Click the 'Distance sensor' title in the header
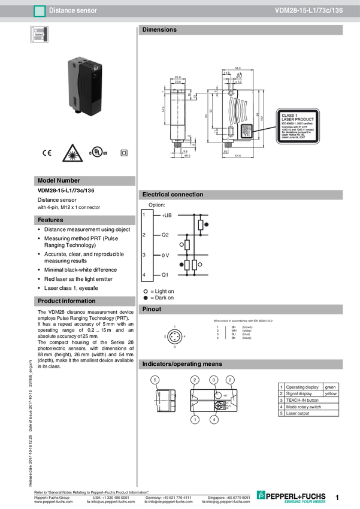(x=72, y=11)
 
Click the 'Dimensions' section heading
(x=159, y=30)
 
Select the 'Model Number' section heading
(x=59, y=180)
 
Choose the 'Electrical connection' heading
(x=173, y=195)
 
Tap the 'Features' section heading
(x=50, y=220)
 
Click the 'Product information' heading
(x=66, y=301)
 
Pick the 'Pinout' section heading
(x=152, y=310)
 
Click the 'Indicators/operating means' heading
(x=182, y=364)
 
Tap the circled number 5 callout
(x=155, y=380)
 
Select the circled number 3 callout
(x=213, y=380)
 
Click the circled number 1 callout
(x=195, y=420)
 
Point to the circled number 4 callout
(x=214, y=420)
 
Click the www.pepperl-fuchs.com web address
(x=53, y=502)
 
